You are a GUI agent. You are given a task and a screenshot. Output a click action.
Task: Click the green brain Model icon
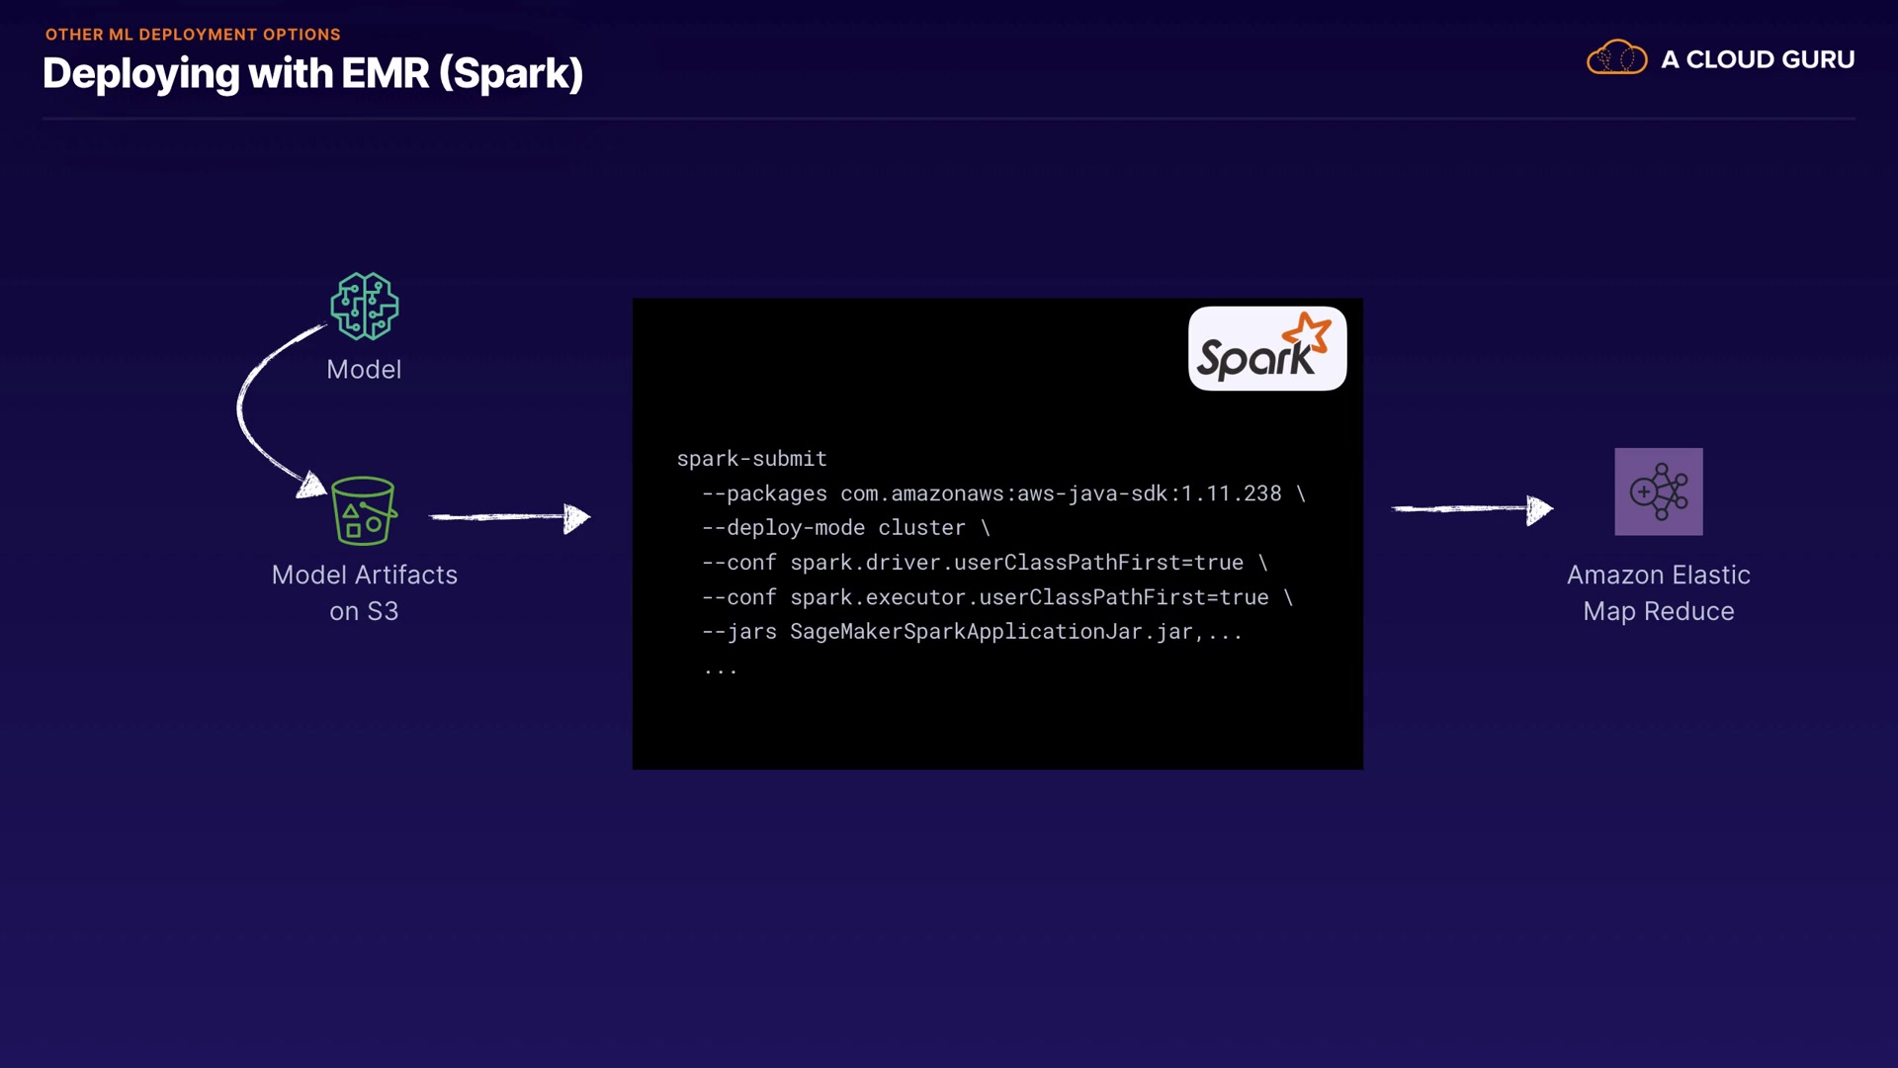[364, 307]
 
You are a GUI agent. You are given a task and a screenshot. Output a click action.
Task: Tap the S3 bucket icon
[364, 511]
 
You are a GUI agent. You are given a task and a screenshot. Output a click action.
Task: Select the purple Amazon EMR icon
[1658, 491]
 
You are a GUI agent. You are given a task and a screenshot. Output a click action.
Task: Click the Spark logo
[1266, 349]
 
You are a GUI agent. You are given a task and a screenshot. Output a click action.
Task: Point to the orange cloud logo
[1616, 58]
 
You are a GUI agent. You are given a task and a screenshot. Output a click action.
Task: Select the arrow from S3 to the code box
[509, 516]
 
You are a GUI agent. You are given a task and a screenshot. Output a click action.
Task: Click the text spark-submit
[751, 459]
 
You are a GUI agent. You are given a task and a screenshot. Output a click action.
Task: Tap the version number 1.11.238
[1232, 493]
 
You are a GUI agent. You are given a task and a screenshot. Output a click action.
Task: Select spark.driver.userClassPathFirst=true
[1016, 563]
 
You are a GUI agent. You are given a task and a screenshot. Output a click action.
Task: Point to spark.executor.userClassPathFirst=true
[1029, 597]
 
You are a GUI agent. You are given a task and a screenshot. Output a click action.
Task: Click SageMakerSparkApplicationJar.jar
[991, 632]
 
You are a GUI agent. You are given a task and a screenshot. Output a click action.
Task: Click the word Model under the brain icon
[364, 370]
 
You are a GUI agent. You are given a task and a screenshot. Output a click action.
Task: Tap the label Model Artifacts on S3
[364, 592]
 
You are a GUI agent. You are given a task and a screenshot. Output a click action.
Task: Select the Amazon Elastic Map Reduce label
[1658, 592]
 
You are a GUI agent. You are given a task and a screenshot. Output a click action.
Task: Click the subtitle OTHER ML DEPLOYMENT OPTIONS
[193, 35]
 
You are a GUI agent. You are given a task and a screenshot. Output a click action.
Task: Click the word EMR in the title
[385, 74]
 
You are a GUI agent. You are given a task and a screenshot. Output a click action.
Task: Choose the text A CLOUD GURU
[1757, 59]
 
